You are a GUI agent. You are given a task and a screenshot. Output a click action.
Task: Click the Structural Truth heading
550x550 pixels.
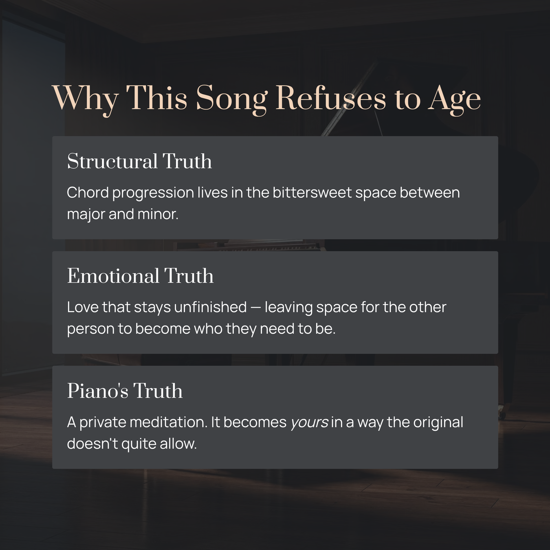(139, 161)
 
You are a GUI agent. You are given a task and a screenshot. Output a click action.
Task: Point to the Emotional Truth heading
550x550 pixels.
(140, 276)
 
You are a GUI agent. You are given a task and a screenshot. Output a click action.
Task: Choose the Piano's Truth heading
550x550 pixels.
(125, 390)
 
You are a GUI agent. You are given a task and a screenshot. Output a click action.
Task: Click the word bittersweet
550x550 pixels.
(312, 192)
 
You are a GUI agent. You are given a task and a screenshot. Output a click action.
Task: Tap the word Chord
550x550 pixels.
(88, 192)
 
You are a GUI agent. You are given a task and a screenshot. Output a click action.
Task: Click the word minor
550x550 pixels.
(158, 214)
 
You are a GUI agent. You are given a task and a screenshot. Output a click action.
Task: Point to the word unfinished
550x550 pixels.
(210, 307)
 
